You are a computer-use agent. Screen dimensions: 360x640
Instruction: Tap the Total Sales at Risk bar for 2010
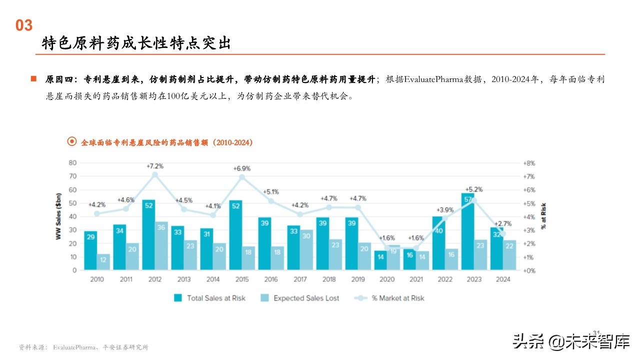(x=90, y=250)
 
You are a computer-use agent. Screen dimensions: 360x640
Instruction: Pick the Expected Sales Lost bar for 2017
(x=306, y=250)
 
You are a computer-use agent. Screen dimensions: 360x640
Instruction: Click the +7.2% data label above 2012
(x=154, y=165)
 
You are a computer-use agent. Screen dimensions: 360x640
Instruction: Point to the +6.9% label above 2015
(x=242, y=168)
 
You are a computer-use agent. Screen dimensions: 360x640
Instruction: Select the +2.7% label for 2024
(x=503, y=223)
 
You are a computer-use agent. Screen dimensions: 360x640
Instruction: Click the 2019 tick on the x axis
(x=358, y=279)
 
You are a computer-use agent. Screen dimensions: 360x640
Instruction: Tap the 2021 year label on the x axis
(x=416, y=279)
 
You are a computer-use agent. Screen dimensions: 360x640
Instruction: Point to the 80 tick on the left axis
(x=72, y=162)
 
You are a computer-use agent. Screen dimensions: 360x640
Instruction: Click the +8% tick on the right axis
(x=529, y=163)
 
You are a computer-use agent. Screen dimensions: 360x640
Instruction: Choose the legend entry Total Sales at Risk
(x=216, y=298)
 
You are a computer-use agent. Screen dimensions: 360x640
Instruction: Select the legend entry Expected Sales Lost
(x=306, y=298)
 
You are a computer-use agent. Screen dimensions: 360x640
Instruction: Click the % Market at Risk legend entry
(x=397, y=298)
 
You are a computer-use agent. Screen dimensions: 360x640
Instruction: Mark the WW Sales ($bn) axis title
(x=58, y=216)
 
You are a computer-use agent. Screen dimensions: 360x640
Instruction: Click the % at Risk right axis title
(x=543, y=216)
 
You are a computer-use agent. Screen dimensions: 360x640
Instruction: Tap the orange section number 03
(x=23, y=25)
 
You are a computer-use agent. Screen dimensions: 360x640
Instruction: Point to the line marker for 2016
(x=271, y=201)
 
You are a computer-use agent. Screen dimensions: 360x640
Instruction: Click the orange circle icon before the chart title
(x=72, y=142)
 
